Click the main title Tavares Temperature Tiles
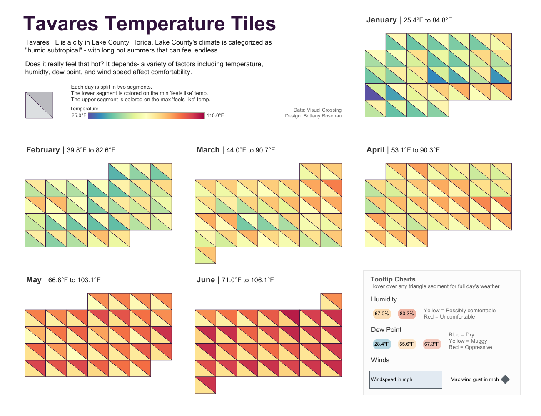[x=150, y=24]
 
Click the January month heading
[x=381, y=20]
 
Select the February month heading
[x=43, y=150]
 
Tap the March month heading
[x=208, y=150]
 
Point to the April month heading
[x=375, y=150]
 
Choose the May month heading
[x=34, y=280]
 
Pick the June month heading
[x=206, y=280]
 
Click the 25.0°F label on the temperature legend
[x=79, y=115]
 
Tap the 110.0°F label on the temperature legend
[x=215, y=115]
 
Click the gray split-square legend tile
[x=39, y=105]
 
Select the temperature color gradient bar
[x=146, y=115]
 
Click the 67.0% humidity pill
[x=381, y=314]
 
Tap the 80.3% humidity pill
[x=406, y=314]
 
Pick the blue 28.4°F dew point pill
[x=381, y=344]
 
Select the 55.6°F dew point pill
[x=406, y=344]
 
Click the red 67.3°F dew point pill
[x=431, y=344]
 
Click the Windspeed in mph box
[x=406, y=379]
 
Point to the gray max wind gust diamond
[x=505, y=379]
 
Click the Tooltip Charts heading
[x=393, y=279]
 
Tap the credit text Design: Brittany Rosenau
[x=313, y=116]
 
